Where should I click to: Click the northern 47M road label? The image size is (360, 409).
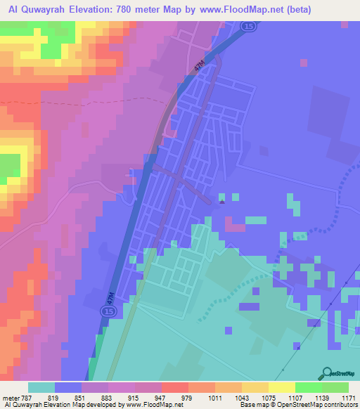[x=200, y=66]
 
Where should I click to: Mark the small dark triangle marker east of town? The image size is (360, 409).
[x=222, y=202]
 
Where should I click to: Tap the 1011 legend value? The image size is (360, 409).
[x=214, y=397]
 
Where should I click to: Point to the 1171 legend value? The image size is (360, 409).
[x=348, y=397]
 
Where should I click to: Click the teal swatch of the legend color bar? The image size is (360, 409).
[x=41, y=387]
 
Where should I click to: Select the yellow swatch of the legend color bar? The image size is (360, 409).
[x=281, y=387]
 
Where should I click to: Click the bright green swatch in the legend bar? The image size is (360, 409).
[x=308, y=387]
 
